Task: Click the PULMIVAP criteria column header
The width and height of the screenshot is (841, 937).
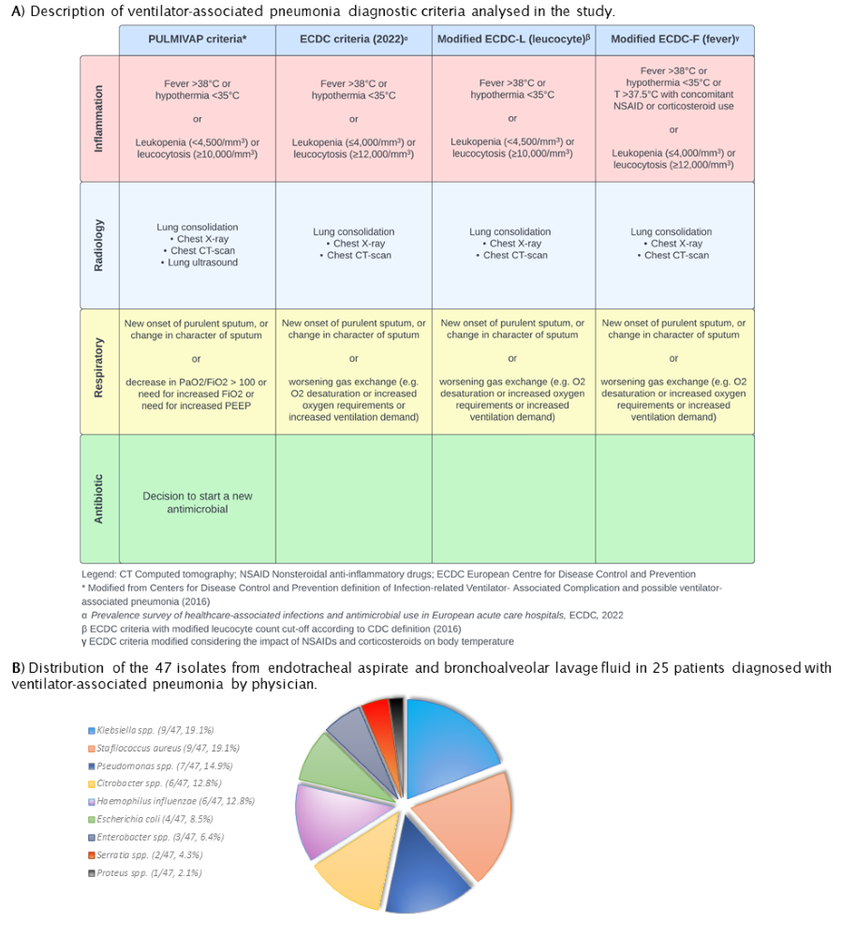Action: [x=197, y=39]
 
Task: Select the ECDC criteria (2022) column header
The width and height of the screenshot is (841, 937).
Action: [x=353, y=39]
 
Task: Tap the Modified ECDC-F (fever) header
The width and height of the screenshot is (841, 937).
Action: [x=674, y=39]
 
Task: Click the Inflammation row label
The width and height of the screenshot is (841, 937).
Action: [x=99, y=118]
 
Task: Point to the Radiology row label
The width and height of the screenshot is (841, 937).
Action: [x=99, y=245]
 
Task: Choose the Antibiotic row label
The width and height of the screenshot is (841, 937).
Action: [x=99, y=498]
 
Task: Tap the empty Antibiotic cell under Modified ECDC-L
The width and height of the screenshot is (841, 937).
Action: [x=511, y=498]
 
